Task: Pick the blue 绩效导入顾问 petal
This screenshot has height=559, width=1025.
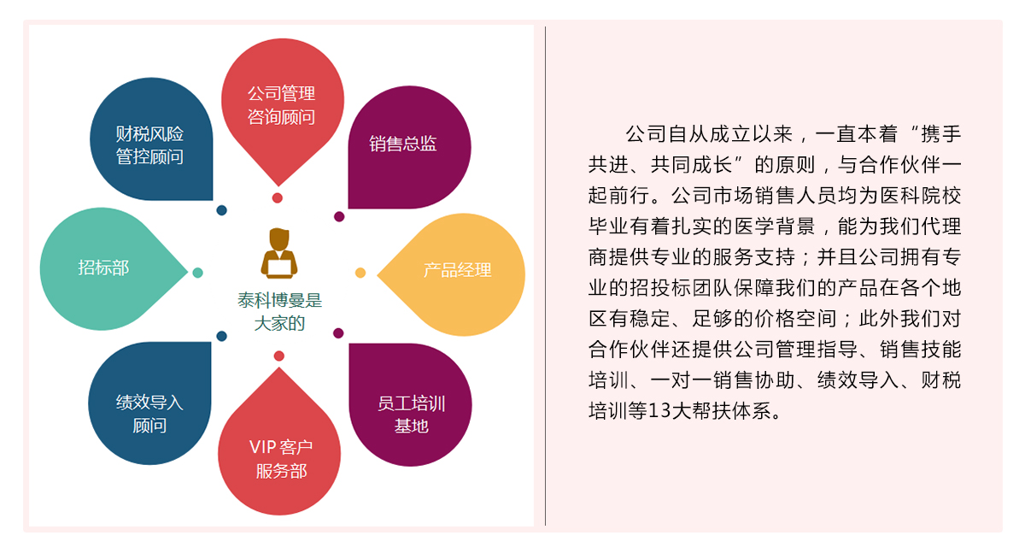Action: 149,406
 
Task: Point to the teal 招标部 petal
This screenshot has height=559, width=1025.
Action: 106,268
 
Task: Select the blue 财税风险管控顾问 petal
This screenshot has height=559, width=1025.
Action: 150,141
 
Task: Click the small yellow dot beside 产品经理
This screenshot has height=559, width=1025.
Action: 360,273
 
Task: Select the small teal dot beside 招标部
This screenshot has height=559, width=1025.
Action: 197,273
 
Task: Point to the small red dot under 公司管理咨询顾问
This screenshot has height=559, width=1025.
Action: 278,198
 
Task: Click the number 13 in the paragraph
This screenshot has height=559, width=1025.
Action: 661,411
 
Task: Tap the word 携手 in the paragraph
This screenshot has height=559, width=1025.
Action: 942,135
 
